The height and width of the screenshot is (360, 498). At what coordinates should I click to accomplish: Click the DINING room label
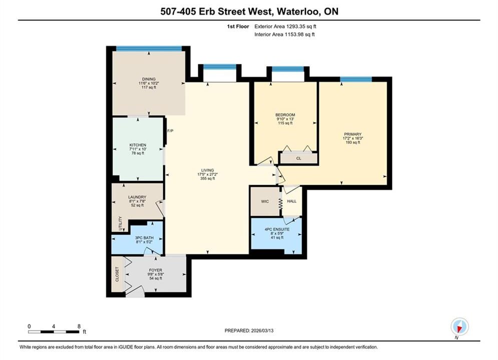tap(149, 79)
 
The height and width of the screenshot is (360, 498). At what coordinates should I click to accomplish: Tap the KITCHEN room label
tap(138, 145)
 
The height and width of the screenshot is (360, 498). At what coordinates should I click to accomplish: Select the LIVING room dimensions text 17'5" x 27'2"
tap(207, 174)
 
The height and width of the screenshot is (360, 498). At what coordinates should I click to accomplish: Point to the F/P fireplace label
tap(171, 130)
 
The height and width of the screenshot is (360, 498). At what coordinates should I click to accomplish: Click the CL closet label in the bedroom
tap(298, 158)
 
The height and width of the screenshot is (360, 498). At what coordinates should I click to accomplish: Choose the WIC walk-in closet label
tap(265, 201)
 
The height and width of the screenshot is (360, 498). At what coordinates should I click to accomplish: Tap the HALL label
tap(292, 201)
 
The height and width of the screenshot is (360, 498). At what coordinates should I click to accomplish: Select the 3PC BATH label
tap(144, 237)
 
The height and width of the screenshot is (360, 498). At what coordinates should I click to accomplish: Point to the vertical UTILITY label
tap(120, 223)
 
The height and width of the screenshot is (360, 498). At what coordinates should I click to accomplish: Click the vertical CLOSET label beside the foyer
tap(117, 274)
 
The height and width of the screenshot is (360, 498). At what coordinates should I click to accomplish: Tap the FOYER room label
tap(156, 270)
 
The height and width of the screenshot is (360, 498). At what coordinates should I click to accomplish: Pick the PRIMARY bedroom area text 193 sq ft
tap(353, 142)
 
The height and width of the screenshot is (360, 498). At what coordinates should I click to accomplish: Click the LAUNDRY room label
tap(137, 197)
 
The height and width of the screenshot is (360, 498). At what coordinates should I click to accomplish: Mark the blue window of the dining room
tap(149, 48)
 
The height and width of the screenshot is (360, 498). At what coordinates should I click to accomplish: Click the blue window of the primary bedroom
tap(356, 79)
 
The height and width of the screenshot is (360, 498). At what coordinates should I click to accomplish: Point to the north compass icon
tap(459, 326)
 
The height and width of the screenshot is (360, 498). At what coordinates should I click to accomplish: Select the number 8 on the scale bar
tap(79, 326)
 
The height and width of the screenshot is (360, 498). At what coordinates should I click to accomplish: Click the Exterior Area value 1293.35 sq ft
tap(301, 26)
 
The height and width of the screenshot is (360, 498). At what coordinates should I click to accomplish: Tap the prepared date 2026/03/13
tap(262, 330)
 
